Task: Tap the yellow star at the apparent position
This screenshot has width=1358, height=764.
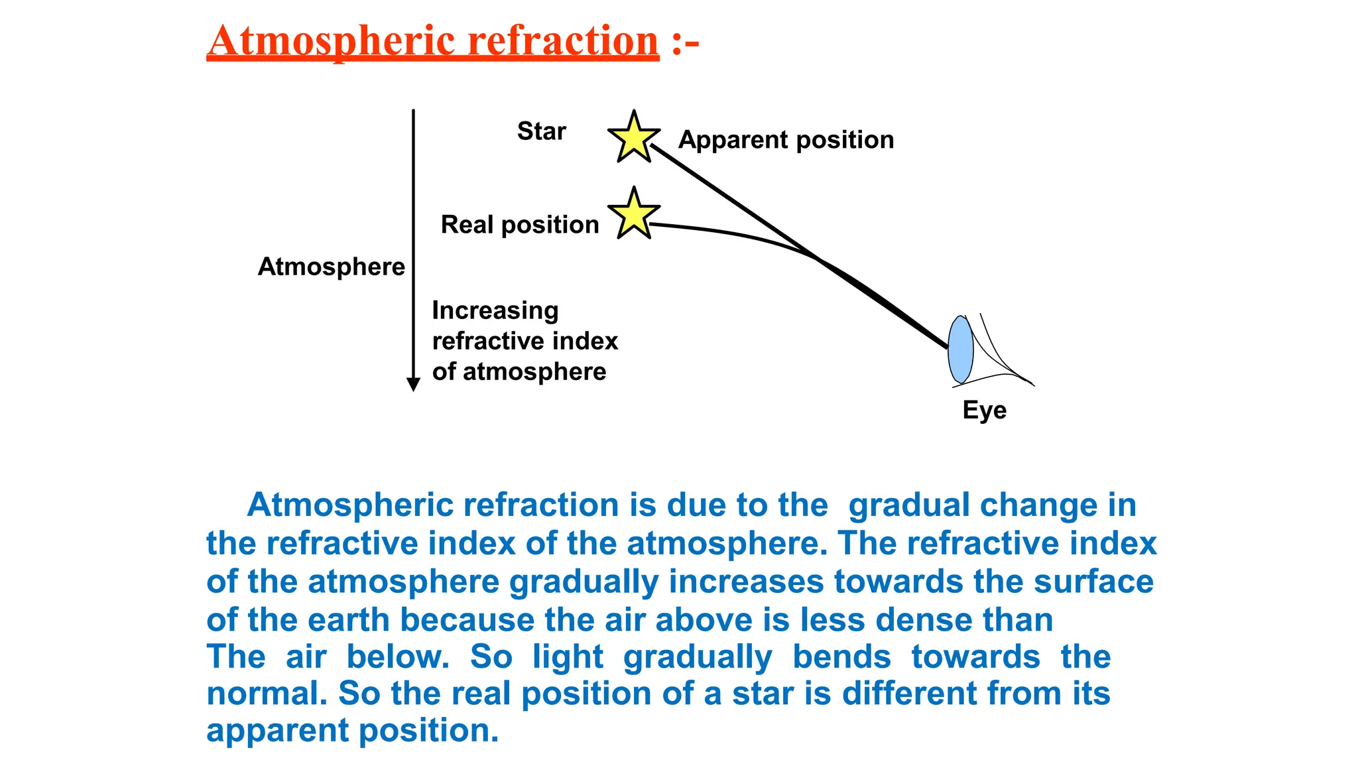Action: coord(634,138)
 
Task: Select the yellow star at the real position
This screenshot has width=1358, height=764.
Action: coord(634,214)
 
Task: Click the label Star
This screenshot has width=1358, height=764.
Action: coord(541,131)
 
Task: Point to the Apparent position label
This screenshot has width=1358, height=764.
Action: coord(786,140)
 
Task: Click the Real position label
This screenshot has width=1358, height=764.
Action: coord(520,225)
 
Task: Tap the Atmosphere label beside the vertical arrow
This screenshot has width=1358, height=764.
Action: coord(331,267)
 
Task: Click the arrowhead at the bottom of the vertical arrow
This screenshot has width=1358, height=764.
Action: coord(413,384)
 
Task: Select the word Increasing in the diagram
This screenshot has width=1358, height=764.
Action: coord(495,310)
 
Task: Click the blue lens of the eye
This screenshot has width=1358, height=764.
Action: coord(960,350)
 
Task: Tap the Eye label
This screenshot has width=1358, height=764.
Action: coord(984,410)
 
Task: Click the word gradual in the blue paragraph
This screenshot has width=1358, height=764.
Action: coord(908,505)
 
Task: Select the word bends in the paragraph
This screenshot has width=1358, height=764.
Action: coord(841,657)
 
